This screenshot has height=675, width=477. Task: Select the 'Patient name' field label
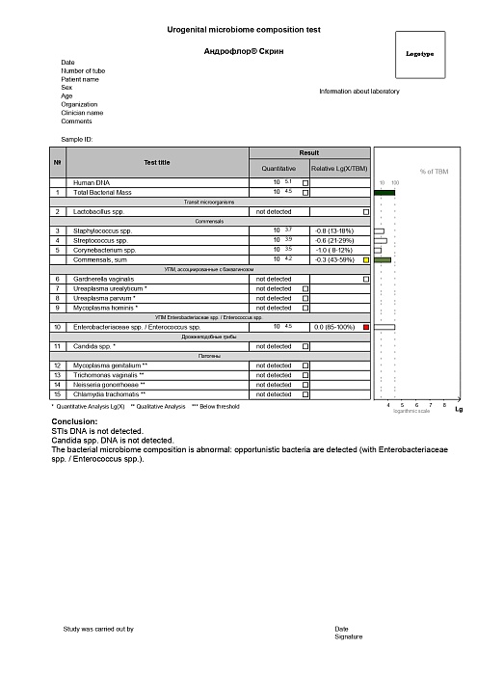(x=80, y=79)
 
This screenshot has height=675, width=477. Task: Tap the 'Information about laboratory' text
(x=358, y=92)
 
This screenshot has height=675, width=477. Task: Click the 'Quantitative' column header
(x=278, y=169)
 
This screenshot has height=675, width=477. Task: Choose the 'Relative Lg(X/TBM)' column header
(x=339, y=169)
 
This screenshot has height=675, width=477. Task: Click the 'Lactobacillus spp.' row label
(x=100, y=211)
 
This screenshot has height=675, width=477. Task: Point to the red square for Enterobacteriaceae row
(x=366, y=328)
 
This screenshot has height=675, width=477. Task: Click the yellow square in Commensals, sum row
(x=366, y=259)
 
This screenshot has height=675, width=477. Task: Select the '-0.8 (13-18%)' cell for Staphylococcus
(x=334, y=231)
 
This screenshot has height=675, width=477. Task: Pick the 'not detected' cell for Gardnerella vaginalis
(x=273, y=279)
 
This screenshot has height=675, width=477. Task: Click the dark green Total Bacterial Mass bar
(x=384, y=193)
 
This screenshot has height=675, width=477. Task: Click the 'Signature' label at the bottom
(x=348, y=637)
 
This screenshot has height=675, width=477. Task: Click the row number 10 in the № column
(x=58, y=328)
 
